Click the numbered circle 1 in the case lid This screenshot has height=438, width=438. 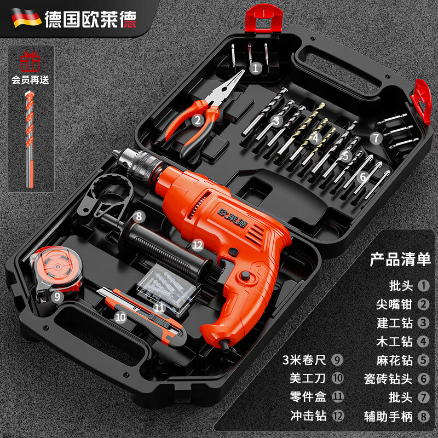click(x=255, y=68)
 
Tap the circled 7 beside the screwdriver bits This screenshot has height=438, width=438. click(x=375, y=138)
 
